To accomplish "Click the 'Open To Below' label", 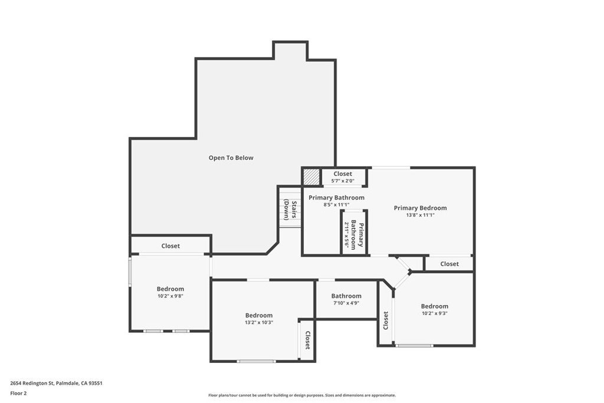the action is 231,158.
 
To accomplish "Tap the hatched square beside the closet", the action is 311,177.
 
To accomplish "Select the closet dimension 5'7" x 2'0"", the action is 343,181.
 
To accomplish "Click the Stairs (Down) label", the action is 290,210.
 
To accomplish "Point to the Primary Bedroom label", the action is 420,208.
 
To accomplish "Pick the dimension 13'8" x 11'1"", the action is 420,215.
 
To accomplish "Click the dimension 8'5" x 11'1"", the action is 336,205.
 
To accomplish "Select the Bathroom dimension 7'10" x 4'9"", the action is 346,303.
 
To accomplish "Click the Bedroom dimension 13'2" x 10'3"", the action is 259,323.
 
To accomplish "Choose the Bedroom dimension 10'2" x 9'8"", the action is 170,296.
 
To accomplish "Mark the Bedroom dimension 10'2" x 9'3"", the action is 435,313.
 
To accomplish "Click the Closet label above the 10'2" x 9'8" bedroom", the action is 170,246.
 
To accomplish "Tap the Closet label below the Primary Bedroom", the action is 449,264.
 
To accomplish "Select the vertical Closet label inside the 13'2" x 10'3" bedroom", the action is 307,340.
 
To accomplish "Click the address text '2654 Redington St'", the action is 32,384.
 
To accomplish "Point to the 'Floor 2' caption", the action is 18,394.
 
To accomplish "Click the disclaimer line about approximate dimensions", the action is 302,395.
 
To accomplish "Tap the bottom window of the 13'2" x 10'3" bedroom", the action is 256,361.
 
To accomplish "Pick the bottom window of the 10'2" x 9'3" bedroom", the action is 414,346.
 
